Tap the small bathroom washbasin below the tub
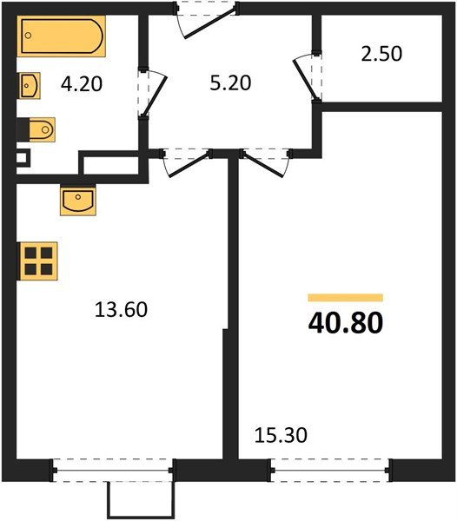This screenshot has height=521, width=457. pyautogui.click(x=29, y=85)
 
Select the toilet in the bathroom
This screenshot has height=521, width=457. pyautogui.click(x=38, y=129)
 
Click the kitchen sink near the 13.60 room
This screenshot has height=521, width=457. pyautogui.click(x=78, y=201)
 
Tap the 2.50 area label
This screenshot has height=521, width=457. pyautogui.click(x=383, y=53)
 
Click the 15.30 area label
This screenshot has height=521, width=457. pyautogui.click(x=281, y=433)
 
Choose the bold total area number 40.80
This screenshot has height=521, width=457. pyautogui.click(x=345, y=322)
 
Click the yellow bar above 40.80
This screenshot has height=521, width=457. pyautogui.click(x=345, y=297)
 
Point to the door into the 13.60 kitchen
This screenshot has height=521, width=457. pyautogui.click(x=187, y=161)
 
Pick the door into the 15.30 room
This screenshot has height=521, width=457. pyautogui.click(x=265, y=161)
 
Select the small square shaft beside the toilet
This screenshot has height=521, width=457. pyautogui.click(x=23, y=158)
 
